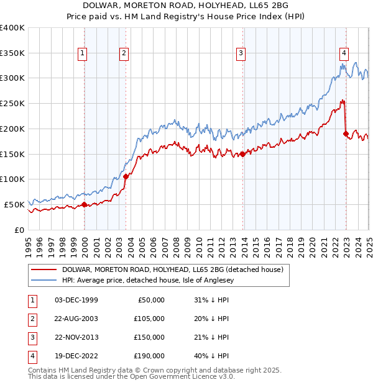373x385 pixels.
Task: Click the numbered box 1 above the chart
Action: point(82,54)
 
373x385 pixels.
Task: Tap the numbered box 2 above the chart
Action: point(124,54)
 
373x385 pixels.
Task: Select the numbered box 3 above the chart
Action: point(240,54)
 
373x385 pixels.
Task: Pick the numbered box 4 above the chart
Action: point(343,54)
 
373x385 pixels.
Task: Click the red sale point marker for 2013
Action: point(243,154)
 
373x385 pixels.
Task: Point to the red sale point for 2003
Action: point(126,176)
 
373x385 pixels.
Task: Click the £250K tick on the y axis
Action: point(12,103)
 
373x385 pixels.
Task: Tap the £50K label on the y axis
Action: point(15,204)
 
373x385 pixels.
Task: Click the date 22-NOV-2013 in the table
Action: point(76,337)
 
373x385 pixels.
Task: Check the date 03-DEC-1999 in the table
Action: point(76,300)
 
